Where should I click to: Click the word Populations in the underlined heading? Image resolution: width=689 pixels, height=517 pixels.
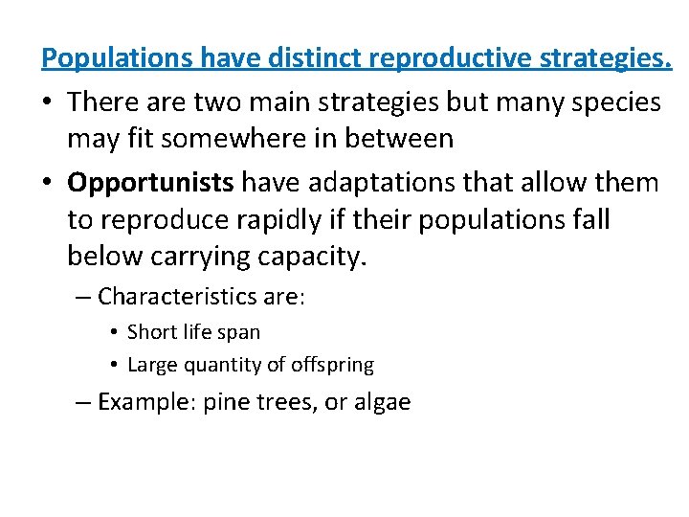pos(117,58)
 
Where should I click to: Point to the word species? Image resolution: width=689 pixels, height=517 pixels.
pos(617,101)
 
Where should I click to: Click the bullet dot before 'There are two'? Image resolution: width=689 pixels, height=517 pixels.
pos(49,102)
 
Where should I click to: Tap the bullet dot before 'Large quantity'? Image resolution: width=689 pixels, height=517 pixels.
pos(113,365)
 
